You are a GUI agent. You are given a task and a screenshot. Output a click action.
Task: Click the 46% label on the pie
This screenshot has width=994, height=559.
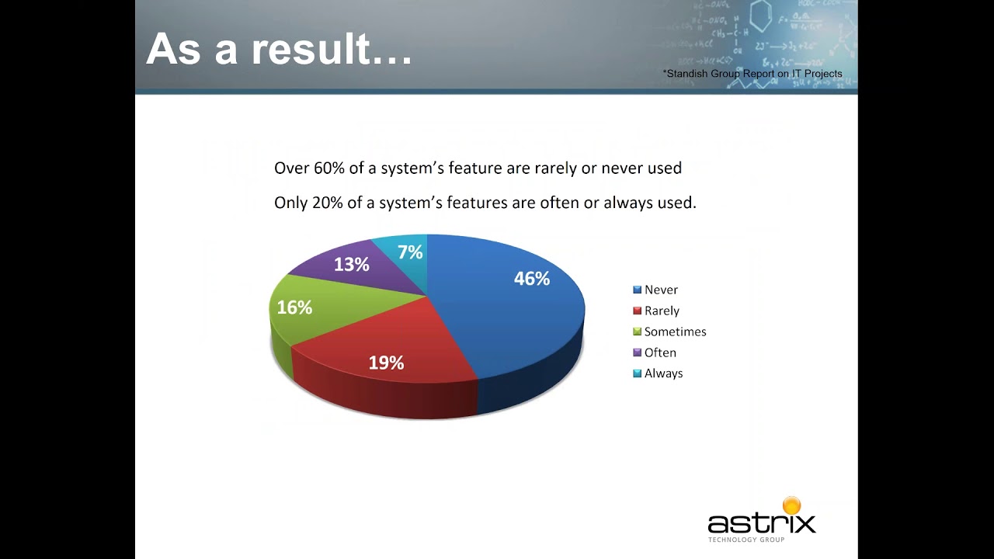(532, 279)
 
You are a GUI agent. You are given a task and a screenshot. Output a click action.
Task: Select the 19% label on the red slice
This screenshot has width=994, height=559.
(386, 363)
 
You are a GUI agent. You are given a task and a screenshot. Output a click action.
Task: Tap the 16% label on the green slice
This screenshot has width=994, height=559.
(294, 307)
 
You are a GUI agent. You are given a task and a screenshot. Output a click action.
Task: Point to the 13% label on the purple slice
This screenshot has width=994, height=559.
(351, 265)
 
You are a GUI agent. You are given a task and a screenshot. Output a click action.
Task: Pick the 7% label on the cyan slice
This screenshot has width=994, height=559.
(410, 252)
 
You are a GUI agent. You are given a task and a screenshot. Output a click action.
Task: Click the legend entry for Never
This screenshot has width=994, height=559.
(661, 290)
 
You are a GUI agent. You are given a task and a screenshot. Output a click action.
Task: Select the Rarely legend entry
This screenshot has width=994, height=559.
(662, 311)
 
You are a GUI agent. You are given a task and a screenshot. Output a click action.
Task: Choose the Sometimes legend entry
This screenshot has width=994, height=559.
(675, 332)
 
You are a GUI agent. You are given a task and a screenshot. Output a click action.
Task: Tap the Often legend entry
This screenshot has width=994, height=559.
(660, 352)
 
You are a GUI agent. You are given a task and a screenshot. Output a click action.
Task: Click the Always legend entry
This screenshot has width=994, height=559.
(663, 373)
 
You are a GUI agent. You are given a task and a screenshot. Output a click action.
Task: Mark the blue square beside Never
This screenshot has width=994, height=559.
(638, 290)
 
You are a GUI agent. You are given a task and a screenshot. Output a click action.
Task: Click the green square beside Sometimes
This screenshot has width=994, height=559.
(638, 332)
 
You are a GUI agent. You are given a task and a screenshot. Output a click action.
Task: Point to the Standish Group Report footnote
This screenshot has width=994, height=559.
(752, 74)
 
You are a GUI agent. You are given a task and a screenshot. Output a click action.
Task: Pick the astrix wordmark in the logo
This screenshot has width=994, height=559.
(761, 523)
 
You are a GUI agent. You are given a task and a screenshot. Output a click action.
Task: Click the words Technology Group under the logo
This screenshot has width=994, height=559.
(745, 540)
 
